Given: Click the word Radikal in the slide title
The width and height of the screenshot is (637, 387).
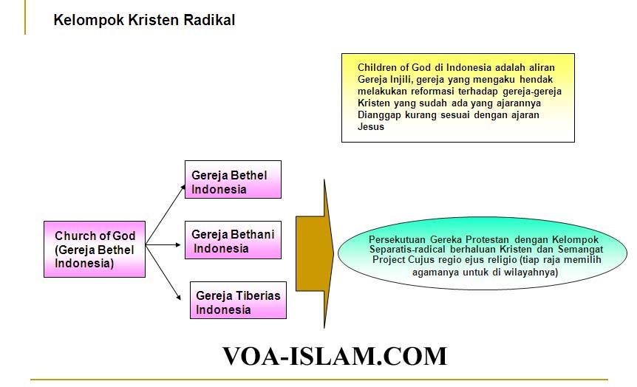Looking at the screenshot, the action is point(209,19).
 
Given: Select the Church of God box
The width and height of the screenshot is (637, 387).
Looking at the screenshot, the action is point(95,250).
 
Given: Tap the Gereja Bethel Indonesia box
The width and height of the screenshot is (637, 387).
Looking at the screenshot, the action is point(233,179).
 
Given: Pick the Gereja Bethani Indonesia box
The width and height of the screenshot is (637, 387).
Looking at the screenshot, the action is point(233,240).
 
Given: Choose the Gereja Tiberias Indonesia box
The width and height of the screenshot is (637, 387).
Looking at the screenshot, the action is point(238,300).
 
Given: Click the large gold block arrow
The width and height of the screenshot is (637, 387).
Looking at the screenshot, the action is point(315,254).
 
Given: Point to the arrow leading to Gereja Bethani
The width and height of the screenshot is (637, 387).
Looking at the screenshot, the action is point(163,245).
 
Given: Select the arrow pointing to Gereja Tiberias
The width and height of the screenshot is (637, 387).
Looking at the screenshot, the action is point(163,273).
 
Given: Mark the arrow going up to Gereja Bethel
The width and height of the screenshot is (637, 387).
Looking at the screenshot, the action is point(166,214).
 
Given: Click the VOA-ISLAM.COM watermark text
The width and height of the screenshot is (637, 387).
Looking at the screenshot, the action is point(335,356).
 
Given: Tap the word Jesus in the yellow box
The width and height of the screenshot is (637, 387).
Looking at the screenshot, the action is point(371,127).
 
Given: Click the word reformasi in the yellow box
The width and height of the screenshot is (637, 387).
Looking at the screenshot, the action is point(432,91).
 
